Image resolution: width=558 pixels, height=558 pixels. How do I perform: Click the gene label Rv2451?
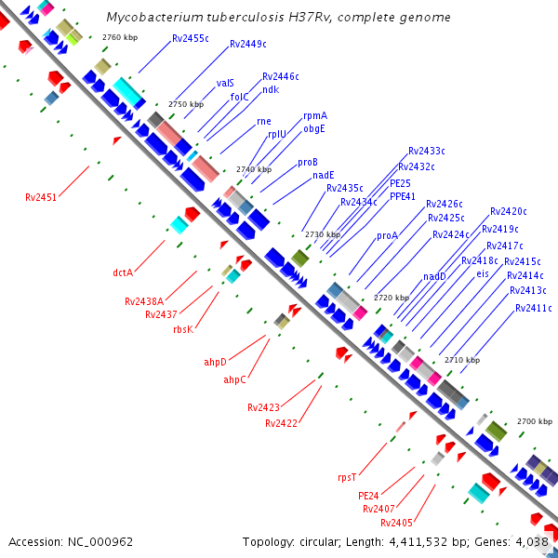pos(41,197)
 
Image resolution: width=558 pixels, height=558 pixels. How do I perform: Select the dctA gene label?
pos(123,272)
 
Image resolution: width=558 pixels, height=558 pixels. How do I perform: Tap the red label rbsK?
pos(183,329)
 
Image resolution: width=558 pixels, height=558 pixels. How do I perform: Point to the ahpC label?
pos(234,379)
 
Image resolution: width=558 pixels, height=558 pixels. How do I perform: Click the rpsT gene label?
pos(347,477)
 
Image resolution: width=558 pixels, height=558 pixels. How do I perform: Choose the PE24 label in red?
pos(369,496)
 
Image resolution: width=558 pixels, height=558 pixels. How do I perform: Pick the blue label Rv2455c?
pos(191,39)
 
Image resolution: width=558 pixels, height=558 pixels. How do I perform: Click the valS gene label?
pos(225,83)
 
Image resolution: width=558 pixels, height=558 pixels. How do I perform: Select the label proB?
pos(308,162)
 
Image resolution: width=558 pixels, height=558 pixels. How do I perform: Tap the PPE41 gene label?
pos(403,196)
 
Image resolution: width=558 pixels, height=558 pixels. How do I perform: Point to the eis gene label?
pos(482,273)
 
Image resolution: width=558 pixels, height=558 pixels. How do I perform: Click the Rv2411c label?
pos(534,308)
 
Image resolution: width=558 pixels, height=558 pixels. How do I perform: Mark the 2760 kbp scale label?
pos(120,37)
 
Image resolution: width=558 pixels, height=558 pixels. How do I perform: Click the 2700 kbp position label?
pos(535,421)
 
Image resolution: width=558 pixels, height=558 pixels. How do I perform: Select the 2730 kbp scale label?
pos(323,234)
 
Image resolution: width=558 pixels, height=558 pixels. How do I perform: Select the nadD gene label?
pos(435,276)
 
